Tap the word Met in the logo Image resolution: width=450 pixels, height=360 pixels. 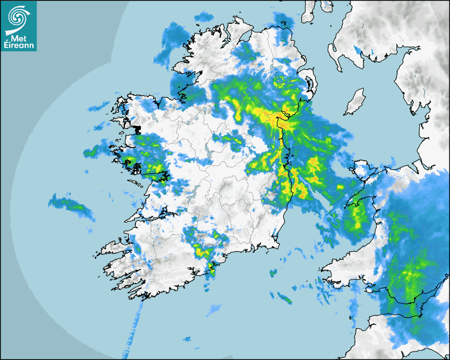point(19,37)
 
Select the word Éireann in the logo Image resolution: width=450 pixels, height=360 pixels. point(19,45)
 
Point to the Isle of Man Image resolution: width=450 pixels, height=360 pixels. point(355,102)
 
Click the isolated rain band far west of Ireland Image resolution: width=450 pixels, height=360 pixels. point(71,206)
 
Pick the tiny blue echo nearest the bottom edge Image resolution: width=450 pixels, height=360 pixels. point(187,339)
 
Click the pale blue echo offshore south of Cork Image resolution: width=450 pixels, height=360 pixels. point(214,309)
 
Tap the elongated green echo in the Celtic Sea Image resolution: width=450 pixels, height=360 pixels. point(285,300)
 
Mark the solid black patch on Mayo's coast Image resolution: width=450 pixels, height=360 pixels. point(137,129)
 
